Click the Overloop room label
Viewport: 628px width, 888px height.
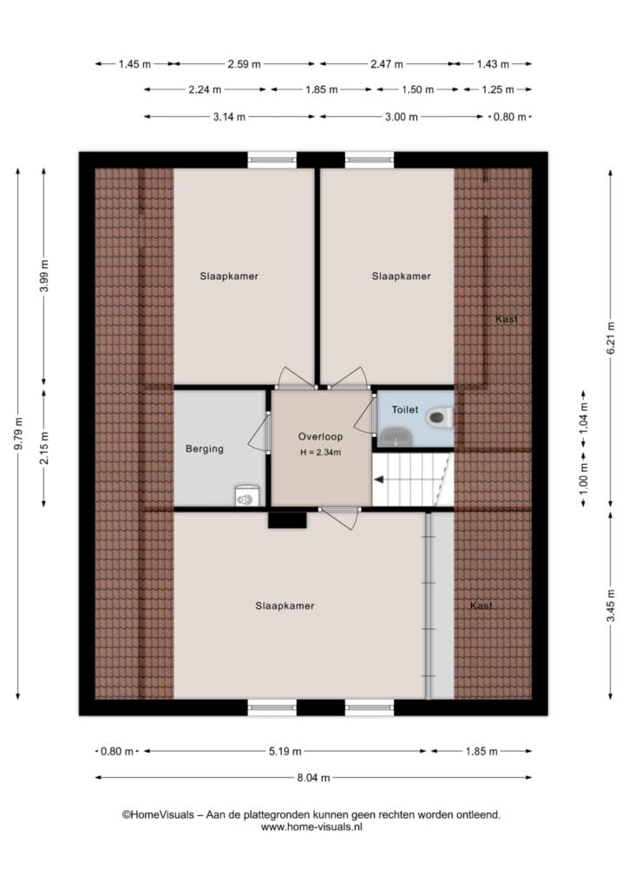click(321, 437)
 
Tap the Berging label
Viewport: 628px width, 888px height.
click(205, 449)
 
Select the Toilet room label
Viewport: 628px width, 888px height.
click(405, 409)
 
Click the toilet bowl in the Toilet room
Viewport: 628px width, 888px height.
click(439, 418)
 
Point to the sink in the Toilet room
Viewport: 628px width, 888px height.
click(396, 437)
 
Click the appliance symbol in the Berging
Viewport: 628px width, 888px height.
click(246, 496)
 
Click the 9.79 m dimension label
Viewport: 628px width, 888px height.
click(18, 434)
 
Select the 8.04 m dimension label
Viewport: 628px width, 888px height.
click(313, 778)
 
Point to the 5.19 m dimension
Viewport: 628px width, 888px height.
click(285, 751)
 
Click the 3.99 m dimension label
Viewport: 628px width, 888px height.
click(44, 276)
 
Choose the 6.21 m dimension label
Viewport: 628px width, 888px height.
click(611, 338)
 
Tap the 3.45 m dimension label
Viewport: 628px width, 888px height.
click(611, 605)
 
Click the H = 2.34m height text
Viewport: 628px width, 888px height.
click(321, 453)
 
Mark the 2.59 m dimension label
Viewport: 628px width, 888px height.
click(244, 64)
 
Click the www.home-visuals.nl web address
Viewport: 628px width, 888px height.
click(311, 826)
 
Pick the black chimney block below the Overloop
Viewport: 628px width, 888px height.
click(287, 520)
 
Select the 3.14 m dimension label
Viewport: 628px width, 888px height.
click(229, 117)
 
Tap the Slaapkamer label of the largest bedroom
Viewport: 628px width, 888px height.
click(285, 606)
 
